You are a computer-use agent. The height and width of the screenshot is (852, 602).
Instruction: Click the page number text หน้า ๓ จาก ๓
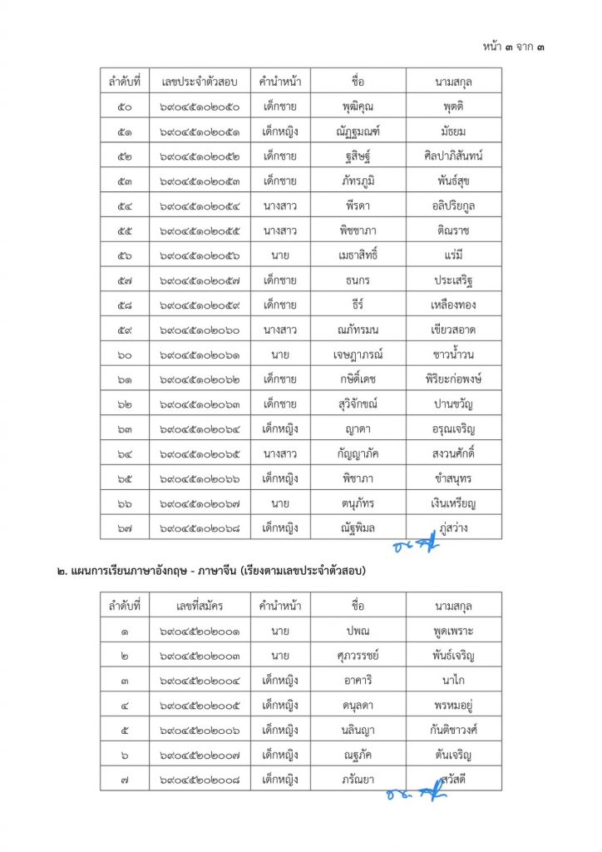tap(515, 47)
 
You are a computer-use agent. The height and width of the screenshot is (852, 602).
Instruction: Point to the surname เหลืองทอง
tap(454, 305)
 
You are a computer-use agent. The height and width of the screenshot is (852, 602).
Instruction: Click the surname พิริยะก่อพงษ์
tap(454, 379)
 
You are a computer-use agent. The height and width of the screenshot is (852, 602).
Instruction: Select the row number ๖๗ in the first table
tap(125, 528)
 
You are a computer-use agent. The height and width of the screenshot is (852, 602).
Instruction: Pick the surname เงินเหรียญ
tap(454, 503)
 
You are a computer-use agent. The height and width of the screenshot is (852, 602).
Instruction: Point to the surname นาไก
tap(454, 680)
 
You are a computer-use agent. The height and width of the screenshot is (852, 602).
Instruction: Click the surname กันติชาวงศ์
tap(454, 730)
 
